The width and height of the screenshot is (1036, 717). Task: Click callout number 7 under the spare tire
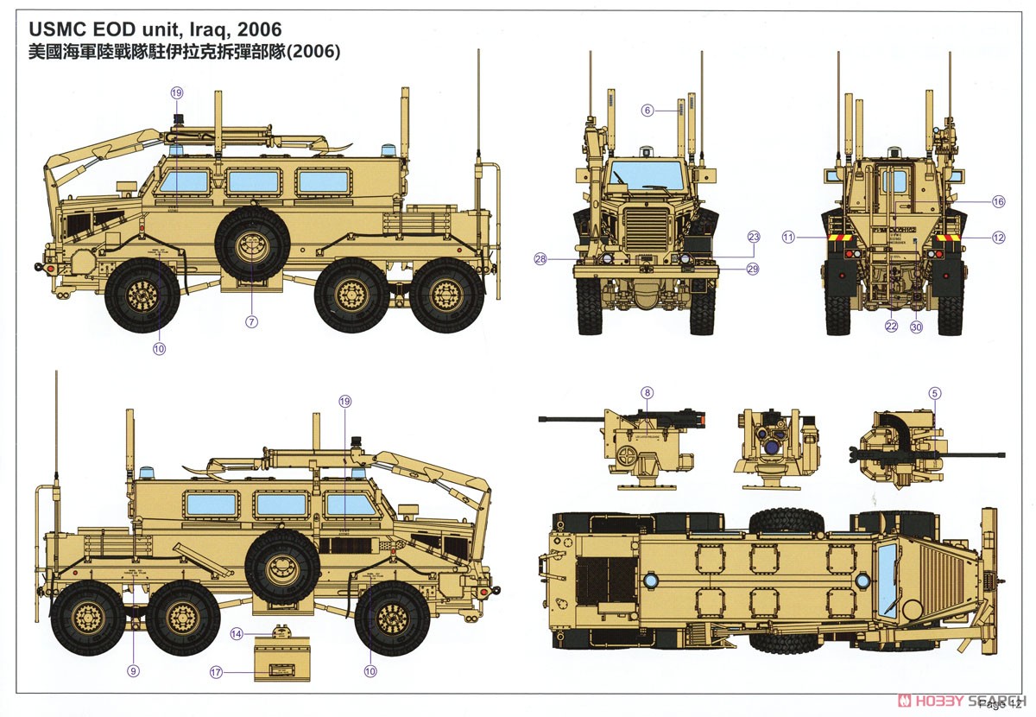(x=252, y=322)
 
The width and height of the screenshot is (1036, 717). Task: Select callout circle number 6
(x=647, y=111)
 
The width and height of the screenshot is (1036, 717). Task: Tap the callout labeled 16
(x=999, y=202)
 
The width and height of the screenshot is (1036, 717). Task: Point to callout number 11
(x=788, y=237)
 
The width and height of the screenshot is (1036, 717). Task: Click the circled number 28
(x=541, y=259)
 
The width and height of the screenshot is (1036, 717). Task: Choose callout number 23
(x=753, y=237)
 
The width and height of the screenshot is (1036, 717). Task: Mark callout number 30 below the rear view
(x=917, y=327)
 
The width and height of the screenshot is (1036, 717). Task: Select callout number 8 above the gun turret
(x=647, y=393)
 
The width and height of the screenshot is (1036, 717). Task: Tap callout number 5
(x=934, y=393)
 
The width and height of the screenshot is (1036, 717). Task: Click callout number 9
(x=133, y=670)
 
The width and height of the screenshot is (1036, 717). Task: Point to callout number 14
(x=237, y=634)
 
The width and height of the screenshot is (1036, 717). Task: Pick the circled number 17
(x=216, y=670)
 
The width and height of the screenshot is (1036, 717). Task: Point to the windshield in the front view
(x=646, y=176)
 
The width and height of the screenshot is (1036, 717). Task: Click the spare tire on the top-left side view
(x=252, y=245)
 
